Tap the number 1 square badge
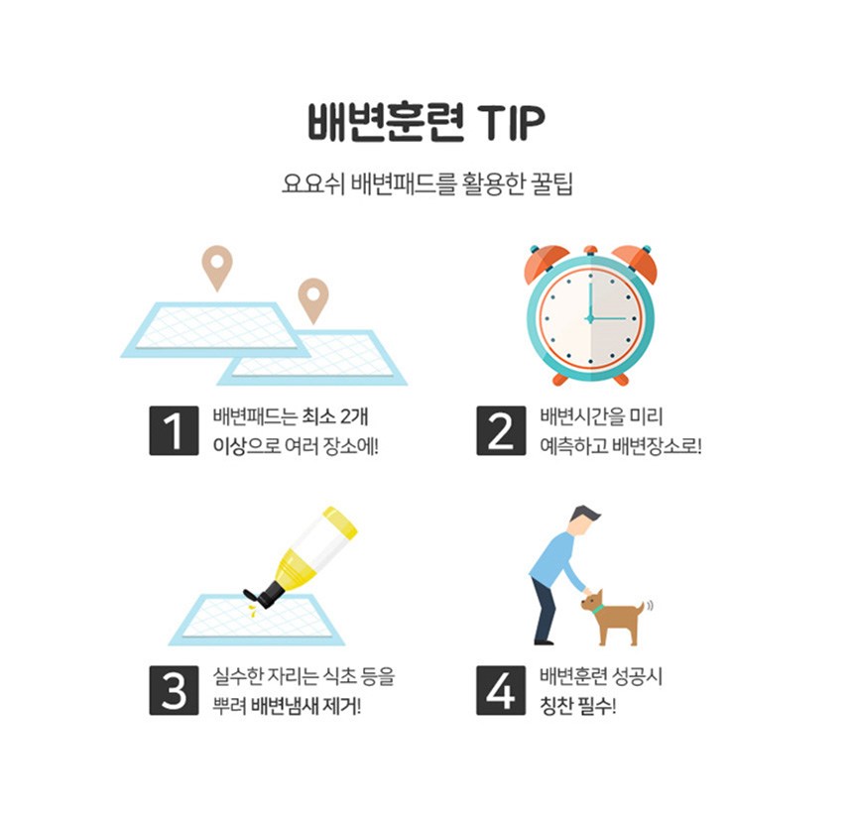coord(175,430)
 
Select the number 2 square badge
coord(501,430)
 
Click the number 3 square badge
coord(175,690)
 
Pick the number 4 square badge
coord(501,690)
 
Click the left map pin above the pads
coord(217,268)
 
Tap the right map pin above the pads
coord(313,300)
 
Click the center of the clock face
coord(590,318)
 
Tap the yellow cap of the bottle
coord(340,523)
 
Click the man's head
coord(585,520)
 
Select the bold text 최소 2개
coord(335,416)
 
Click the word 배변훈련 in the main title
coord(386,122)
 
